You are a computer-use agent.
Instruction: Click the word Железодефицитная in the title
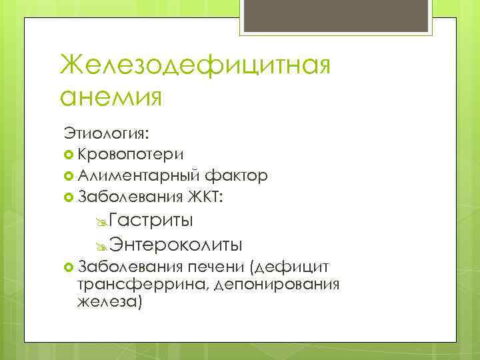(x=195, y=67)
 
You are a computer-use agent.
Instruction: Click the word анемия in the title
(x=111, y=97)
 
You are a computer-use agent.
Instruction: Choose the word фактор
(x=237, y=176)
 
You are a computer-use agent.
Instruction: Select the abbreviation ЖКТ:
(x=206, y=197)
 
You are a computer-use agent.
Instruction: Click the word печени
(x=215, y=268)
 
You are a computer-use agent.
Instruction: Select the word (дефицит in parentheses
(x=289, y=268)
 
